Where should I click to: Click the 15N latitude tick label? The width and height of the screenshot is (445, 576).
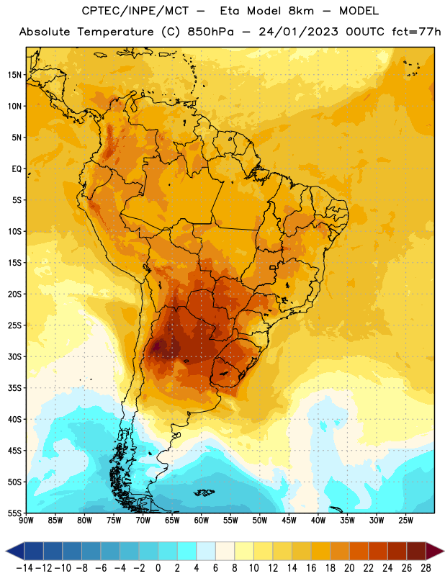click(14, 75)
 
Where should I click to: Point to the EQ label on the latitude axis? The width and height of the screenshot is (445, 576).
click(17, 169)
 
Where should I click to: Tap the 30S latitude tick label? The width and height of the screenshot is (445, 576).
click(14, 356)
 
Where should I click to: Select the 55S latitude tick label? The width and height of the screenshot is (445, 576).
click(14, 513)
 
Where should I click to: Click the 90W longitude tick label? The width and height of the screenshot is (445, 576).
click(26, 520)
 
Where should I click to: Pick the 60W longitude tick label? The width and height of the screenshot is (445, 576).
click(202, 520)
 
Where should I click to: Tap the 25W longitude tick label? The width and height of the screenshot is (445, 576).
click(405, 520)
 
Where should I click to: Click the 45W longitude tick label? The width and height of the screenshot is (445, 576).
click(289, 520)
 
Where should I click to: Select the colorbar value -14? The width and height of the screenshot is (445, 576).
click(25, 568)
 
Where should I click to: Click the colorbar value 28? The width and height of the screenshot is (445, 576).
click(426, 568)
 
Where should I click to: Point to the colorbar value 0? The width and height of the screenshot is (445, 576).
click(158, 568)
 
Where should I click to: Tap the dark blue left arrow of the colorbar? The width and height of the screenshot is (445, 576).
click(14, 551)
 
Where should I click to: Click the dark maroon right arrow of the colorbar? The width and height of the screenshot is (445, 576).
click(435, 551)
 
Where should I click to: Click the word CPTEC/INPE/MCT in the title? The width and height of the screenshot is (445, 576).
click(135, 11)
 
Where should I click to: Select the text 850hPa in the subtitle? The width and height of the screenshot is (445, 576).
click(210, 32)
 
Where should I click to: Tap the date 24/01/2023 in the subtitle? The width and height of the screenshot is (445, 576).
click(298, 32)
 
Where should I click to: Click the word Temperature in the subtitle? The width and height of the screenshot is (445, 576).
click(115, 32)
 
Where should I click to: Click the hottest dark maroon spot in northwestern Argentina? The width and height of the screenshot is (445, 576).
click(157, 346)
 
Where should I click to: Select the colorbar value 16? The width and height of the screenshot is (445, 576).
click(311, 568)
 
